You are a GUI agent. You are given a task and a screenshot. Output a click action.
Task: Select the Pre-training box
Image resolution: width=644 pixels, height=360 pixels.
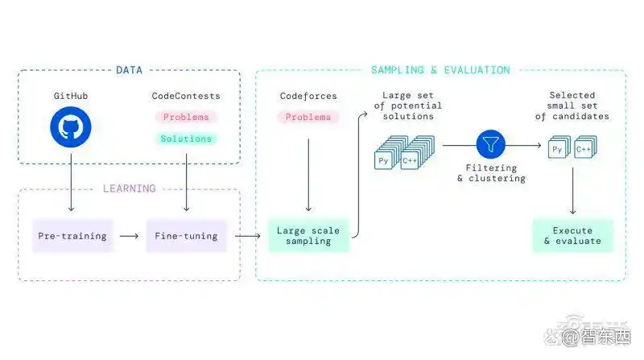[x=72, y=236]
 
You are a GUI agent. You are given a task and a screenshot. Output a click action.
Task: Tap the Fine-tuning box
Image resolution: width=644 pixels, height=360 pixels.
[x=186, y=236]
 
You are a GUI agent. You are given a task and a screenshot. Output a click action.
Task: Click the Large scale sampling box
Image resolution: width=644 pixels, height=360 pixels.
[x=309, y=236]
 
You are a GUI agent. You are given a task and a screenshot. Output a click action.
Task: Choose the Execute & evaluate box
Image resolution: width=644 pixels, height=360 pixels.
[x=572, y=235]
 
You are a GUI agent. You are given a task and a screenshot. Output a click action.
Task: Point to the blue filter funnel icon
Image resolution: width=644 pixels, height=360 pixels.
[x=489, y=145]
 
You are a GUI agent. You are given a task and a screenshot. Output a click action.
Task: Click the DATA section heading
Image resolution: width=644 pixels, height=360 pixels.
[x=129, y=70]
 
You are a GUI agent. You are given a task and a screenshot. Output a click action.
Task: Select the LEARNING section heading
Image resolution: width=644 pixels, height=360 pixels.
[x=129, y=188]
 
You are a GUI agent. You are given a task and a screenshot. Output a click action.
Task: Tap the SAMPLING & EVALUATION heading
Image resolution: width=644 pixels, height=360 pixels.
[x=440, y=70]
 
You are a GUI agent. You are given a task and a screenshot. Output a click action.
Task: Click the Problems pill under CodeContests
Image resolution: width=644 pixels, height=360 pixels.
[x=186, y=117]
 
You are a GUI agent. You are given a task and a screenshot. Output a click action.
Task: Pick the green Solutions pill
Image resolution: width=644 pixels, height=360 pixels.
[x=186, y=139]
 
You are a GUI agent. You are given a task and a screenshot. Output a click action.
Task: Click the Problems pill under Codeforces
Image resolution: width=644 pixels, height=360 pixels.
[x=308, y=117]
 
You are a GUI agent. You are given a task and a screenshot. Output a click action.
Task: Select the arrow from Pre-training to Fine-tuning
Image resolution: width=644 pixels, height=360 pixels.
[x=129, y=236]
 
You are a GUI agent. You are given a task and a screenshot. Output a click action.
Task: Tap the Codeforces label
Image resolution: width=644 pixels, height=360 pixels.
[x=308, y=96]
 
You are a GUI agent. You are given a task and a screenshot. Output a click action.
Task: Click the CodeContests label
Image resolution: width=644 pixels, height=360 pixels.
[x=186, y=96]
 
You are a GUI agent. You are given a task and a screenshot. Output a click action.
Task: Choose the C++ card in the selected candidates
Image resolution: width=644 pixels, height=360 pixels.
[x=584, y=150]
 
